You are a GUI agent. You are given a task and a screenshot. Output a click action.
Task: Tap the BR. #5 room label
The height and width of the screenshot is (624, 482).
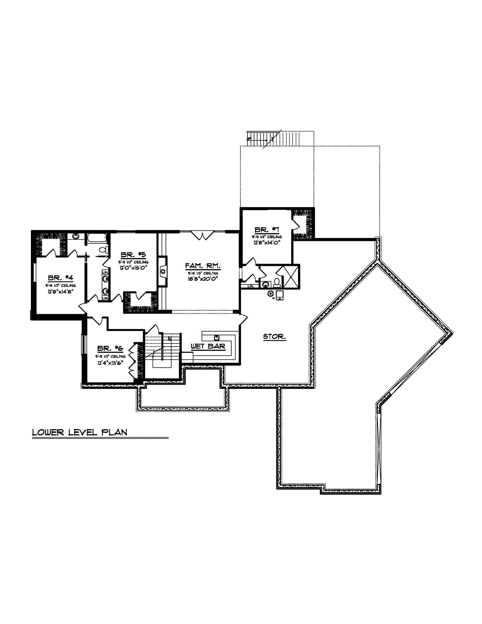pos(133,255)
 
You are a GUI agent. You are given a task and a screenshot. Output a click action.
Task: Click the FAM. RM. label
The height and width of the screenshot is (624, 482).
pos(203,266)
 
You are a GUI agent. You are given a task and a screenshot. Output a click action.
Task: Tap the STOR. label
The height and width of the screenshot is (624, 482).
pos(274,337)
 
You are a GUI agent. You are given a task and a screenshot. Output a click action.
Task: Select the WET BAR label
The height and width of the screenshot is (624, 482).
pos(208,346)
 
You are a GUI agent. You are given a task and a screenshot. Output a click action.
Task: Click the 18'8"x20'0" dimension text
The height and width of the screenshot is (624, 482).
pos(203,279)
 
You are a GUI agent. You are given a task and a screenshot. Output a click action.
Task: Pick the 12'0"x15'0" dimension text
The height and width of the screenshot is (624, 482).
pos(134,268)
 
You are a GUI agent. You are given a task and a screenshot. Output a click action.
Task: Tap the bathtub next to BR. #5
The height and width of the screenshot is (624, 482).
pos(97,238)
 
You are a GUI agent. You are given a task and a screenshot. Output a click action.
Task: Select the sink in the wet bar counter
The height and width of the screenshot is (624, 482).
pos(216,338)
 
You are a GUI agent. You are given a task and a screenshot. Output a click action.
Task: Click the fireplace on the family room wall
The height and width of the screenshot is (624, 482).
pos(163,271)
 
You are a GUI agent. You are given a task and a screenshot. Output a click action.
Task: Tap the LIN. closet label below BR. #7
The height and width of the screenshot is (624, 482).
pos(251,286)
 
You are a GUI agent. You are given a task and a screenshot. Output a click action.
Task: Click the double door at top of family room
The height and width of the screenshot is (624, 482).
pos(202,235)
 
